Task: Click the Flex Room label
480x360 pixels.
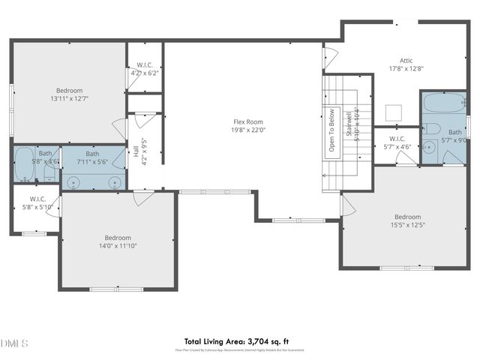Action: tap(247, 121)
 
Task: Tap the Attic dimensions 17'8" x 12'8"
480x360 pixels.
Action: tap(406, 68)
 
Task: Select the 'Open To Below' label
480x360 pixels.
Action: tap(331, 131)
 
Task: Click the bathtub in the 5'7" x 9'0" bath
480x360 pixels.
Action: tap(442, 103)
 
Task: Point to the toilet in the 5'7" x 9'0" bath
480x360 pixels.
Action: tap(430, 127)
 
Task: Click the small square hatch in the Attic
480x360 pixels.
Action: tap(393, 112)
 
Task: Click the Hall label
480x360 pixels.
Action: tap(135, 151)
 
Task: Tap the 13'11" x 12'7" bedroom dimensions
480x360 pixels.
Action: tap(69, 99)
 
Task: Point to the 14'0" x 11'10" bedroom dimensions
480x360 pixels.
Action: tap(118, 245)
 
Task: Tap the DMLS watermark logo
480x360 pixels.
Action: tap(14, 343)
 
